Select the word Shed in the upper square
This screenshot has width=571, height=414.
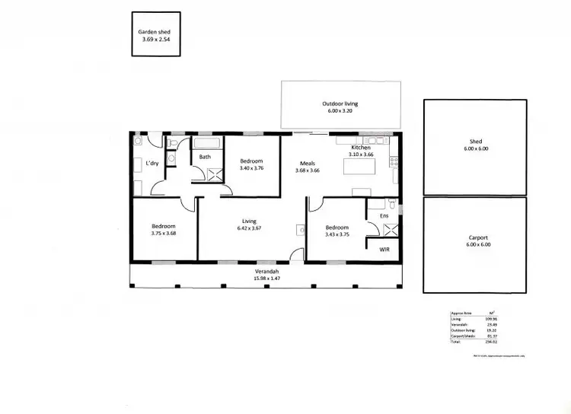click(475, 142)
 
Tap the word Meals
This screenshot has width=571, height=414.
click(308, 162)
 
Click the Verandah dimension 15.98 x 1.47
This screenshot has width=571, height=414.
click(266, 279)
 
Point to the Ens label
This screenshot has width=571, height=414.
click(384, 216)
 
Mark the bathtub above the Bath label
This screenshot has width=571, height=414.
click(206, 143)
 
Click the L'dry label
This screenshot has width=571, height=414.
click(152, 164)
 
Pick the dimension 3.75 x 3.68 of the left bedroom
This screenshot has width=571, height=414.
click(163, 234)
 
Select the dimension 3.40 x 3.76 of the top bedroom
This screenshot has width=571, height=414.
click(251, 168)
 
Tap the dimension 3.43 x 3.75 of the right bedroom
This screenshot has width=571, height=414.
click(337, 234)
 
